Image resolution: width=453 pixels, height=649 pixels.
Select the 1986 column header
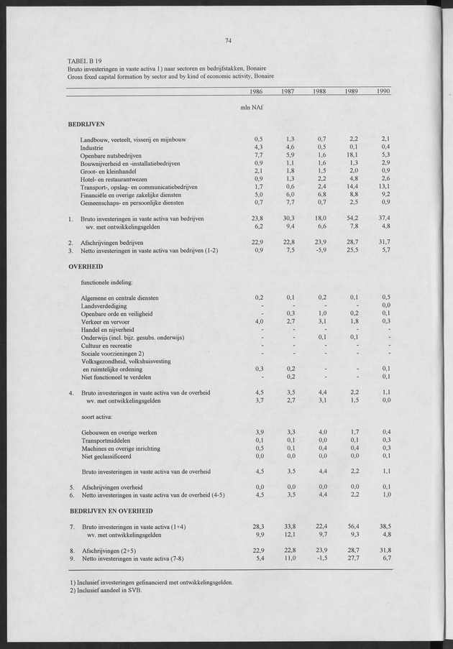tap(255, 91)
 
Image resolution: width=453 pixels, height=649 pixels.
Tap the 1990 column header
tap(383, 91)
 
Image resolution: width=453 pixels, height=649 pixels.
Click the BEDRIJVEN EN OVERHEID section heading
tap(111, 510)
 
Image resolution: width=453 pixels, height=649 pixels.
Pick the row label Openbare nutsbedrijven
tap(111, 155)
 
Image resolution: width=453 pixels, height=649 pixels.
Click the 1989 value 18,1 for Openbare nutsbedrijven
tap(352, 155)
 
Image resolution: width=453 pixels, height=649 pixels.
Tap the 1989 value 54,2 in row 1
tap(352, 218)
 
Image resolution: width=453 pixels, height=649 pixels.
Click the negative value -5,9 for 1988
tap(320, 250)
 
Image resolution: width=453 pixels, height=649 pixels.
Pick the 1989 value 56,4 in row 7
tap(352, 527)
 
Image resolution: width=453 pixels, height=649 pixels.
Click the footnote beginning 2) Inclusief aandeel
tap(106, 591)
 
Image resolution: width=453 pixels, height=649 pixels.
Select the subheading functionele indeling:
tap(106, 281)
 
